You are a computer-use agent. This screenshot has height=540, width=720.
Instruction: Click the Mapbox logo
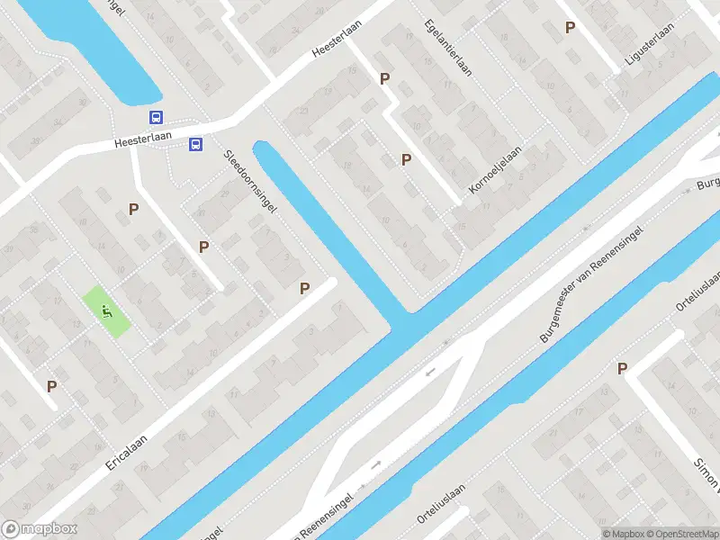pyautogui.click(x=40, y=529)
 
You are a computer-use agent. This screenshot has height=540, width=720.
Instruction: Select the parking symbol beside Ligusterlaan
pyautogui.click(x=570, y=28)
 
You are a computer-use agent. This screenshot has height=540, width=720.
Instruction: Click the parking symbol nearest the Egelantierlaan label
pyautogui.click(x=385, y=78)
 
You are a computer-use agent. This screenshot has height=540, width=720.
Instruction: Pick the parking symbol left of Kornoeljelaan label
pyautogui.click(x=407, y=159)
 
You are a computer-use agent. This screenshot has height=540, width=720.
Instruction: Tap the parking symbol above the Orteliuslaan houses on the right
pyautogui.click(x=622, y=367)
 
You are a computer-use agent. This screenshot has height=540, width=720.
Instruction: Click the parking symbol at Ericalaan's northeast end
pyautogui.click(x=305, y=288)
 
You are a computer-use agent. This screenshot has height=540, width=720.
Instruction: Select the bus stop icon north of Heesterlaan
pyautogui.click(x=157, y=118)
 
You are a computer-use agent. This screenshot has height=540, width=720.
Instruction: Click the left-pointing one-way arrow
pyautogui.click(x=430, y=370)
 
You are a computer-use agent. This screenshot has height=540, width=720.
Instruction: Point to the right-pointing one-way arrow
pyautogui.click(x=376, y=464)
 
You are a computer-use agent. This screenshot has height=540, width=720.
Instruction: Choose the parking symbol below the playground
pyautogui.click(x=52, y=386)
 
